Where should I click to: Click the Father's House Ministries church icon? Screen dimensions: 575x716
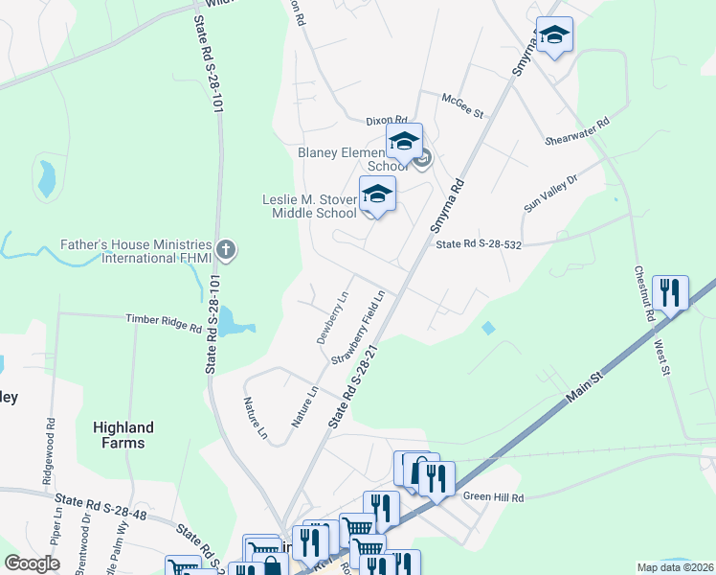(x=226, y=251)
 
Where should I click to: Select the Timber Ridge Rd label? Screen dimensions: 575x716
(x=165, y=322)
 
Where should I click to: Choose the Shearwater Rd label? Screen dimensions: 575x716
(x=577, y=133)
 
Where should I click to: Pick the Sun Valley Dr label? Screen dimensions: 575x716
(x=551, y=193)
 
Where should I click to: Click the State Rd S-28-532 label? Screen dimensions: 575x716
(x=479, y=245)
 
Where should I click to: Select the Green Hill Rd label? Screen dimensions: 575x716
(x=494, y=497)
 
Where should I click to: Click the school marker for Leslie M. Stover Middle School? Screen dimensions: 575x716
(x=377, y=195)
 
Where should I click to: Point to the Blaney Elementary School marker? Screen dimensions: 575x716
(x=404, y=142)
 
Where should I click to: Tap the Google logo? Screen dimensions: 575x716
(x=32, y=563)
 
